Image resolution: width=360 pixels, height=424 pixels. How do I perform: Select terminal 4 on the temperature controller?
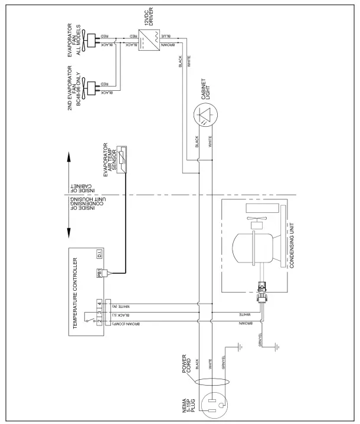[99, 304]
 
